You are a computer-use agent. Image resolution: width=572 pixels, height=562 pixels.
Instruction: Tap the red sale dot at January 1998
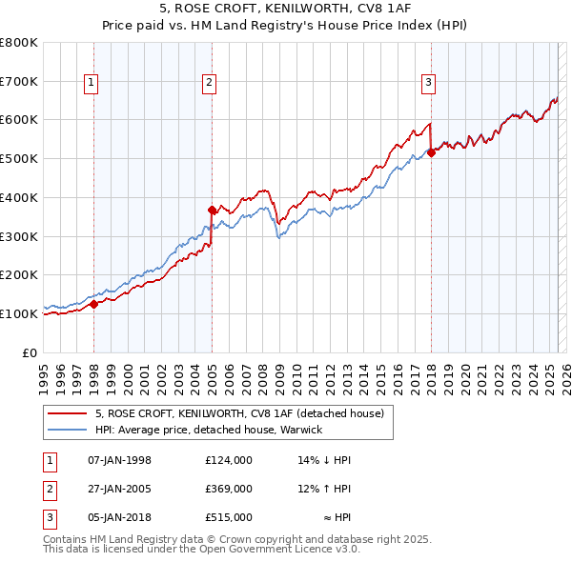pyautogui.click(x=94, y=305)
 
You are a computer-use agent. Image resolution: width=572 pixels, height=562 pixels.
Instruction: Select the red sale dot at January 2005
pyautogui.click(x=212, y=209)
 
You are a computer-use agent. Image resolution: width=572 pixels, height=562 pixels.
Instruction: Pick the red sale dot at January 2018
pyautogui.click(x=431, y=152)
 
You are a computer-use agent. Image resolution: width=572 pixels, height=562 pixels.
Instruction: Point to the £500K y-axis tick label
pyautogui.click(x=20, y=158)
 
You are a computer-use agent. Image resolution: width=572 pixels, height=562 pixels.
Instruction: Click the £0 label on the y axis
pyautogui.click(x=31, y=352)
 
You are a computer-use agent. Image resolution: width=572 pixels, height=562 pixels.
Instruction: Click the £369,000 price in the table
pyautogui.click(x=229, y=489)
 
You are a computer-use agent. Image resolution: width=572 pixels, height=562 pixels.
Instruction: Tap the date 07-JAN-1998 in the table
pyautogui.click(x=119, y=460)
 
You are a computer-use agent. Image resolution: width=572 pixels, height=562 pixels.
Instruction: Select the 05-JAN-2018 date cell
pyautogui.click(x=119, y=517)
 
